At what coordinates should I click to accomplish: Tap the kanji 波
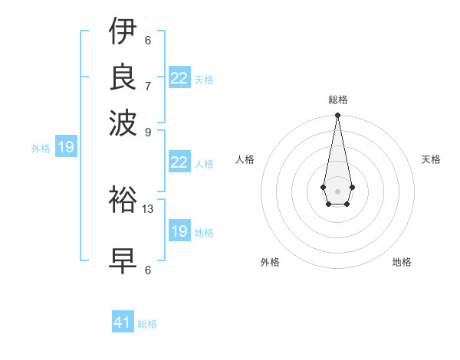(x=123, y=120)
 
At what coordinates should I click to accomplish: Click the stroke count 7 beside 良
(x=148, y=86)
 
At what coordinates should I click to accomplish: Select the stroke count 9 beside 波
(x=148, y=131)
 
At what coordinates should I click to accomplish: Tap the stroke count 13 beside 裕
(x=149, y=208)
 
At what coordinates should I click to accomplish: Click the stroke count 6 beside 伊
(x=148, y=41)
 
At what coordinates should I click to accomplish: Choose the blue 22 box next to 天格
(x=179, y=78)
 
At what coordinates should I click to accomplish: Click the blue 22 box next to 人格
(x=179, y=162)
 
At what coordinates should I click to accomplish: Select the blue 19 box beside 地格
(x=179, y=231)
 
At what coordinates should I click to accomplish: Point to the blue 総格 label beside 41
(x=147, y=324)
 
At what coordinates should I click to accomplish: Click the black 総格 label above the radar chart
(x=337, y=100)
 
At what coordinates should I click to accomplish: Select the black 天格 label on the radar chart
(x=431, y=159)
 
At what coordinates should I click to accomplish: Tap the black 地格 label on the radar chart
(x=402, y=262)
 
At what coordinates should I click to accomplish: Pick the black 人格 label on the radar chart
(x=245, y=159)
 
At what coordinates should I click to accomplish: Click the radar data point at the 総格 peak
(x=337, y=116)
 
